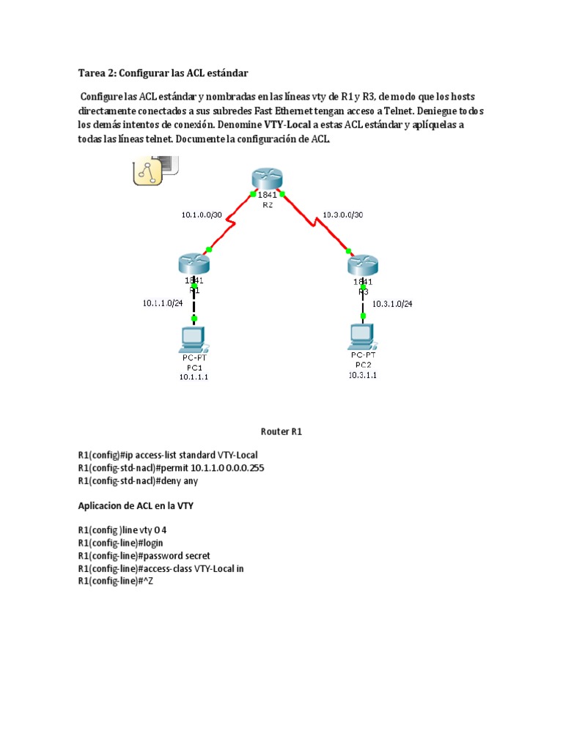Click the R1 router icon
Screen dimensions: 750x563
pyautogui.click(x=194, y=264)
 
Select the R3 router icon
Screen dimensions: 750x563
pyautogui.click(x=363, y=264)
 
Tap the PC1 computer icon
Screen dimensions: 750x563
pyautogui.click(x=194, y=340)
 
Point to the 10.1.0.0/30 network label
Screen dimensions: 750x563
pyautogui.click(x=202, y=215)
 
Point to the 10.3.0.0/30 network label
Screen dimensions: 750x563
pyautogui.click(x=342, y=215)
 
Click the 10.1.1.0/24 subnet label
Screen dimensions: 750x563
pyautogui.click(x=163, y=302)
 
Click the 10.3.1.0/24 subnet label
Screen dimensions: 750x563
pyautogui.click(x=392, y=303)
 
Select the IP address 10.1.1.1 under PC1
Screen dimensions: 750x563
pyautogui.click(x=194, y=376)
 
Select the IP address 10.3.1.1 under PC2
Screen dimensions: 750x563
pyautogui.click(x=363, y=374)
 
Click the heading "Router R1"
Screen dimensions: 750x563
pyautogui.click(x=281, y=431)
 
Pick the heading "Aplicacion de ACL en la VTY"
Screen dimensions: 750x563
pyautogui.click(x=136, y=505)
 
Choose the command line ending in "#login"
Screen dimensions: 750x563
pyautogui.click(x=121, y=543)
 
